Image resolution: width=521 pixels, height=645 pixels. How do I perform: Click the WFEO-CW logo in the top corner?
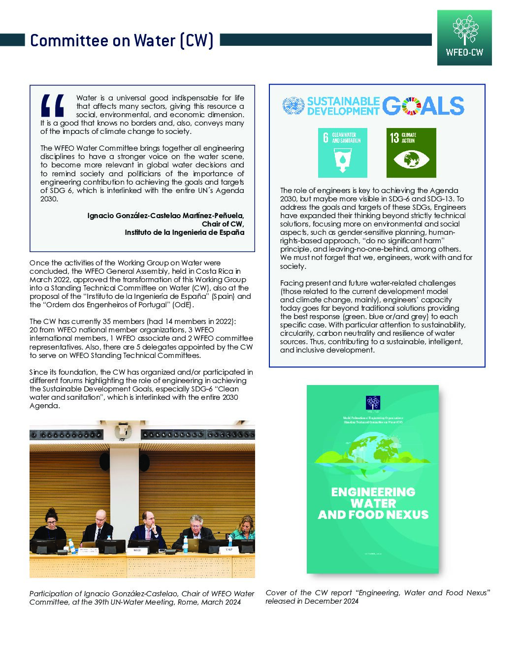coord(464,38)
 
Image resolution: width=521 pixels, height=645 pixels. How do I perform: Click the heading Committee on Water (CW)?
coord(122,40)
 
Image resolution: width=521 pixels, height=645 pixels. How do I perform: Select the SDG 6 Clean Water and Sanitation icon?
coord(342,153)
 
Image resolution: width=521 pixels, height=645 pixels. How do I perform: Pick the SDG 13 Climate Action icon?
coord(411,153)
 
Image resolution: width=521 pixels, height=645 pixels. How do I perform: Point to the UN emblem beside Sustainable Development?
coord(293,106)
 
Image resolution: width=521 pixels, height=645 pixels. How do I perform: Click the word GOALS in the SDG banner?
coord(423,106)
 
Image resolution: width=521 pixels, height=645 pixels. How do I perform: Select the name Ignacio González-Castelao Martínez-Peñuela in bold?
coord(165,216)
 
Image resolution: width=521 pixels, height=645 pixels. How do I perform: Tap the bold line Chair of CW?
coord(223,224)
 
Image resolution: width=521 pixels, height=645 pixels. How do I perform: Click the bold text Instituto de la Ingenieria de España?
coord(184,232)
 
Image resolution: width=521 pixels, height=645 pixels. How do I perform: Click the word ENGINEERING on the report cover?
coord(373,492)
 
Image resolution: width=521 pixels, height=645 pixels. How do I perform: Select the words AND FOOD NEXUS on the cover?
coord(373,515)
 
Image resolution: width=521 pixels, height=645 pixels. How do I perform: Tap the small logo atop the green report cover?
coord(373,403)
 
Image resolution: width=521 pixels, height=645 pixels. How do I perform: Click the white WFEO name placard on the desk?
coord(137,550)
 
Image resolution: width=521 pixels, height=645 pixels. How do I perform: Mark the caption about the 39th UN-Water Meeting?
coord(142,598)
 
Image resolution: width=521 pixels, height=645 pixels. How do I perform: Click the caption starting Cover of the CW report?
coord(378,597)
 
